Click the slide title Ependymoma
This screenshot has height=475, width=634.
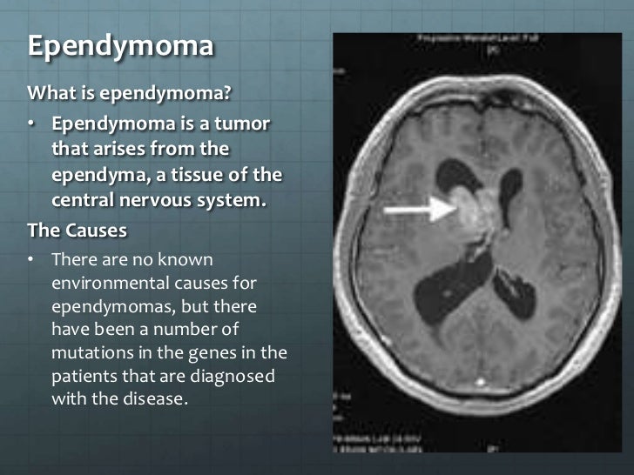[120, 45]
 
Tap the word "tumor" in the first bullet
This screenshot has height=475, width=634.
[244, 126]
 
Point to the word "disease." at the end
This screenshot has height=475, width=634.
[159, 400]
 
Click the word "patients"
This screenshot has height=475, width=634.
[84, 377]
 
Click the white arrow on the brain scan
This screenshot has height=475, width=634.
[414, 210]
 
